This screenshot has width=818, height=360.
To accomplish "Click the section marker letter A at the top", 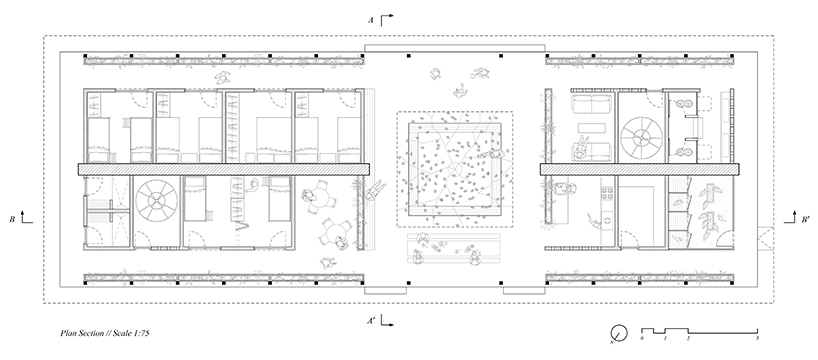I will point(371,19).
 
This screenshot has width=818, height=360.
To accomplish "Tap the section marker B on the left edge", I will point(11,216).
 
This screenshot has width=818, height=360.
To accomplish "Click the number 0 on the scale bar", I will point(642,340).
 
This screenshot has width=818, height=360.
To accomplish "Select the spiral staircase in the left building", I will point(156,202).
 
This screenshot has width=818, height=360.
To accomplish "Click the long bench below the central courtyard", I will point(455,244).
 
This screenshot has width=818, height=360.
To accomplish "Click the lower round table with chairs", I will point(335,236).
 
